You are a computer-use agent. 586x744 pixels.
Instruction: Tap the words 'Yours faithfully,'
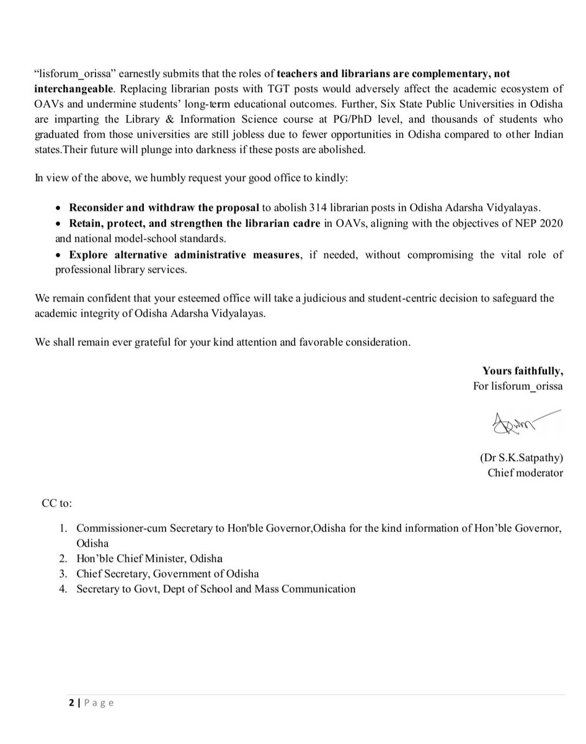[x=523, y=371]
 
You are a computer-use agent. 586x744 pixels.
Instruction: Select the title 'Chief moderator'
[x=525, y=473]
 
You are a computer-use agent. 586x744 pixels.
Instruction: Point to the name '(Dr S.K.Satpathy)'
[x=521, y=459]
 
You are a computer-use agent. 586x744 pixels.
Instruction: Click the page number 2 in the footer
[x=71, y=702]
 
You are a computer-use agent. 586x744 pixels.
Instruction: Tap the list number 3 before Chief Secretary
[x=63, y=573]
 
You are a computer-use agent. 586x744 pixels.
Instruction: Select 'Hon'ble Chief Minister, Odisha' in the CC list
[x=149, y=558]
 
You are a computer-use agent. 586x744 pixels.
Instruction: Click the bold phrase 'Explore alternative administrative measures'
[x=184, y=255]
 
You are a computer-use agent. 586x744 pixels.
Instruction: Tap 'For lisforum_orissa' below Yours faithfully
[x=518, y=385]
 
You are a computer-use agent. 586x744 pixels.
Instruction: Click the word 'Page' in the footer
[x=99, y=702]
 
